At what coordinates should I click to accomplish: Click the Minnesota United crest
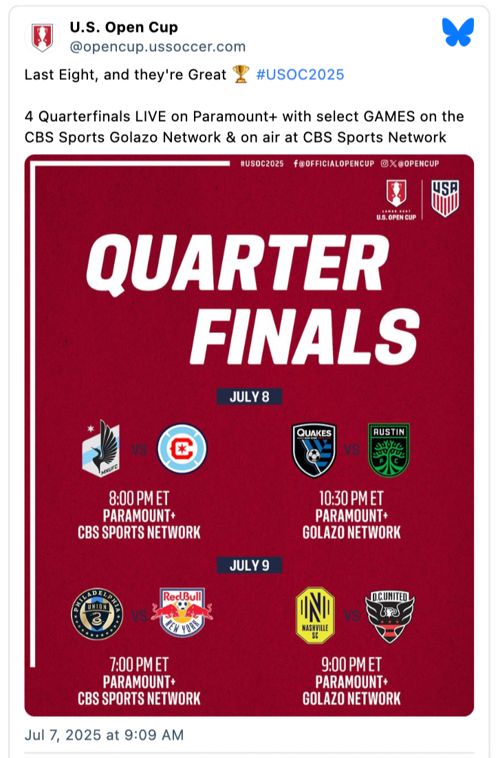(x=101, y=448)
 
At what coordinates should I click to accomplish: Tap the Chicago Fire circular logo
(x=182, y=448)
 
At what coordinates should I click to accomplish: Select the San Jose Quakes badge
(x=314, y=450)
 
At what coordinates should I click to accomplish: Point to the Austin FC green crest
(x=389, y=450)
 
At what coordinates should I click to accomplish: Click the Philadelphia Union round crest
(x=97, y=614)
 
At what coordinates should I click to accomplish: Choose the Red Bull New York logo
(x=182, y=612)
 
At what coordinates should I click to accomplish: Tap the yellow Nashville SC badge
(x=315, y=616)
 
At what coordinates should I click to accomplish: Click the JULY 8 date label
(x=250, y=397)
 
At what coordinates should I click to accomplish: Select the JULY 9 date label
(x=250, y=565)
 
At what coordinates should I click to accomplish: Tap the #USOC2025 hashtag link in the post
(x=300, y=74)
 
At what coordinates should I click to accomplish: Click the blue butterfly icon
(x=458, y=32)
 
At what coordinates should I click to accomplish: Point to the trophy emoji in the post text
(x=241, y=74)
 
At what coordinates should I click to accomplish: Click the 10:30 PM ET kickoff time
(x=351, y=498)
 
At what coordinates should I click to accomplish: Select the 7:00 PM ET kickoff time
(x=139, y=664)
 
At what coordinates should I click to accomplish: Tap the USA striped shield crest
(x=445, y=198)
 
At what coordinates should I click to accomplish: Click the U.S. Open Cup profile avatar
(x=42, y=36)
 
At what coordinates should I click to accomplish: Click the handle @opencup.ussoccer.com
(x=158, y=47)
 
